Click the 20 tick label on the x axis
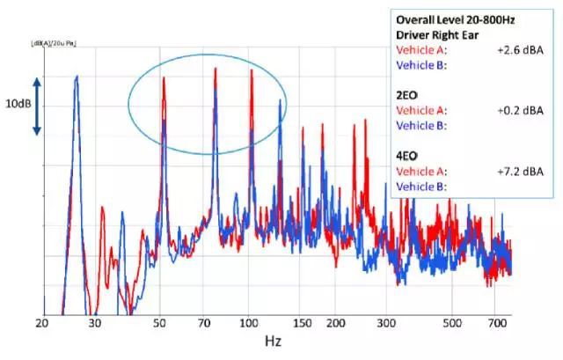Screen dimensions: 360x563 (41, 324)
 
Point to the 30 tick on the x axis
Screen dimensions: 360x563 (95, 324)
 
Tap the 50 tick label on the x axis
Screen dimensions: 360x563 (164, 324)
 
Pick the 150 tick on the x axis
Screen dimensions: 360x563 (303, 324)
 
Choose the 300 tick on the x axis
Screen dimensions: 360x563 (389, 324)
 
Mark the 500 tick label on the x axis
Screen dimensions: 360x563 (452, 324)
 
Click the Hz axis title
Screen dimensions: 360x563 (275, 339)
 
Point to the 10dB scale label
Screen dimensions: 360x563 (18, 104)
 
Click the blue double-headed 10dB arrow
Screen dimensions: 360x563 (37, 105)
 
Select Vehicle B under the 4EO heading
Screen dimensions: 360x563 (422, 187)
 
